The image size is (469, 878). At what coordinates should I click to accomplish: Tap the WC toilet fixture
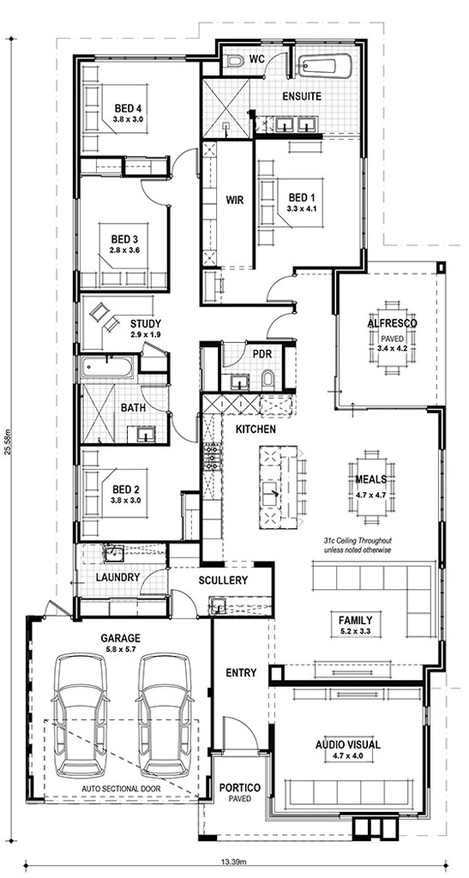(x=234, y=61)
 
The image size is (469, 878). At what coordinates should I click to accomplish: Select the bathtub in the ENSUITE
(x=325, y=65)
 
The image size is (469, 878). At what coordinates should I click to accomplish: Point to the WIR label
(x=235, y=200)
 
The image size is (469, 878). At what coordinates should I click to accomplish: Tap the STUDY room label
(x=146, y=323)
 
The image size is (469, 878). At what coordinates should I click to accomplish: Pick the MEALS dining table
(x=370, y=487)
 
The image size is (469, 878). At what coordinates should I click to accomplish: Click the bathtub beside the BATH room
(x=106, y=367)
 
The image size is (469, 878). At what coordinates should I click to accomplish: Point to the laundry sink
(x=114, y=555)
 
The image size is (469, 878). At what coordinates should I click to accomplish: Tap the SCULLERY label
(x=223, y=580)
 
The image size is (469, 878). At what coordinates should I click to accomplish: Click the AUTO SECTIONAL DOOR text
(x=121, y=789)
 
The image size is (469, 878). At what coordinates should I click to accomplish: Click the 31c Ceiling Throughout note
(x=357, y=541)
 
